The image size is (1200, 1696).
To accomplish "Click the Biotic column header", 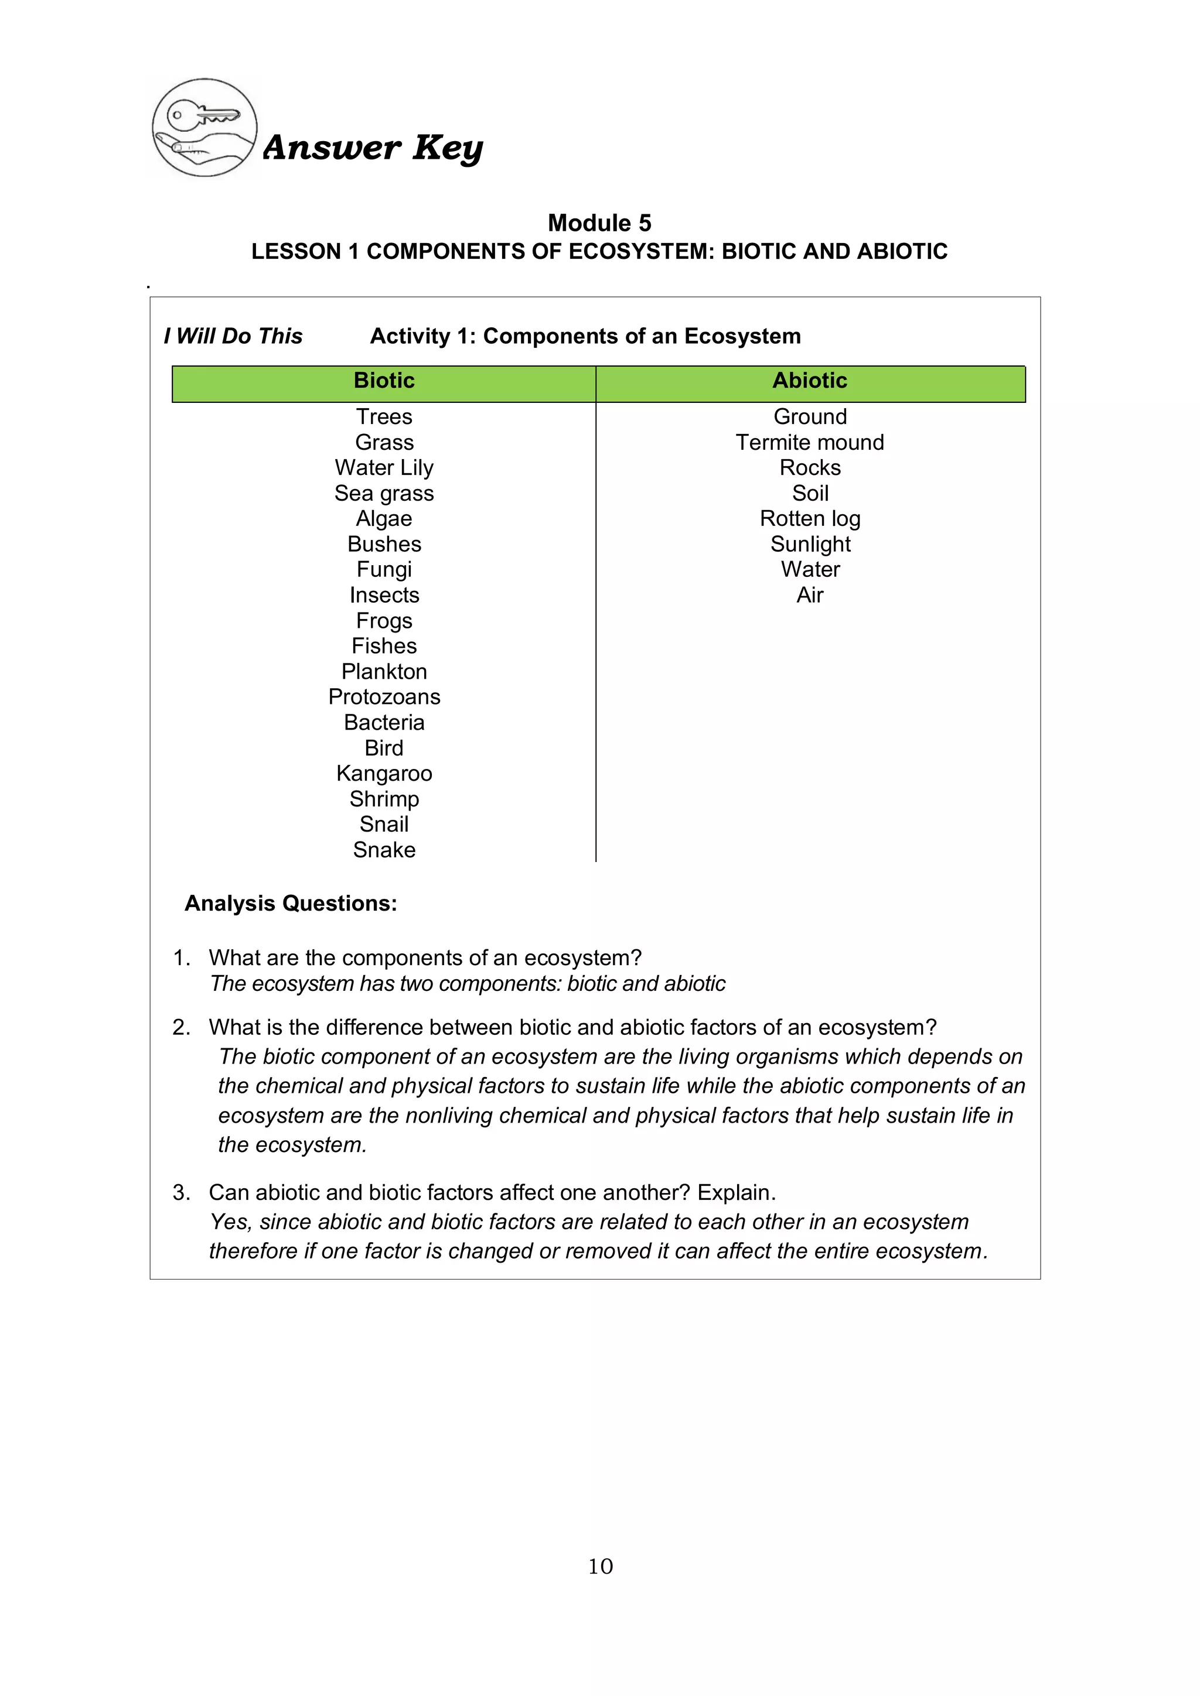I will click(x=384, y=381).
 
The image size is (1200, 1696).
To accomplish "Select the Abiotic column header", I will click(x=810, y=381).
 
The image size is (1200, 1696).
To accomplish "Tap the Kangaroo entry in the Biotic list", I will click(x=384, y=774).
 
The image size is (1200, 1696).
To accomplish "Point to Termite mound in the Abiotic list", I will click(x=810, y=443).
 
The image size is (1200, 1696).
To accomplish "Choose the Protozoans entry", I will click(x=384, y=696).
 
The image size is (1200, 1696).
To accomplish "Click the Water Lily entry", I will click(x=384, y=467).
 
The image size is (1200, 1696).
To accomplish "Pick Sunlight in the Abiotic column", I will click(x=810, y=545).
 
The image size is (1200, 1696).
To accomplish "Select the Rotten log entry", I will click(x=810, y=518).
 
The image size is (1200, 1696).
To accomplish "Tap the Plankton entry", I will click(x=384, y=672).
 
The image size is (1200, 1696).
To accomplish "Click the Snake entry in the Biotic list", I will click(x=384, y=850).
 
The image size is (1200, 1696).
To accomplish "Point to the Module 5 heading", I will click(x=599, y=223).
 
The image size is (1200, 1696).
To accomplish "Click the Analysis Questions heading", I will click(x=291, y=904).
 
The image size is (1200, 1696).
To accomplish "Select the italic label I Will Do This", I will click(x=234, y=336).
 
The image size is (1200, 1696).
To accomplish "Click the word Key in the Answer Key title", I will click(x=448, y=148).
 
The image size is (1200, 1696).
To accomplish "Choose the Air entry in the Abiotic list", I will click(x=810, y=596).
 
